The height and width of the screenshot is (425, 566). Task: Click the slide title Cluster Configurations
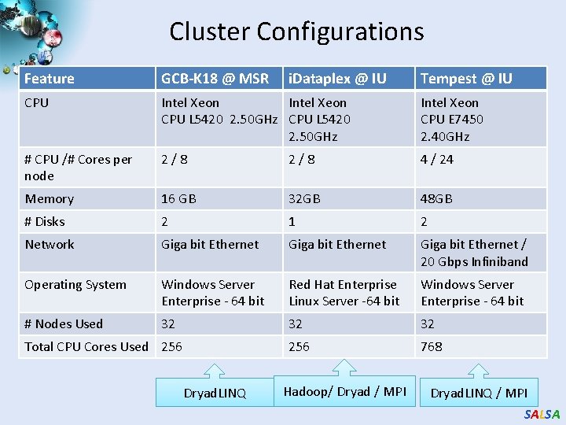click(296, 31)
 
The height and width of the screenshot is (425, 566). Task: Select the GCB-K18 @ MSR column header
click(215, 79)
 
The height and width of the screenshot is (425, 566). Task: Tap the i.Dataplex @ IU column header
click(337, 79)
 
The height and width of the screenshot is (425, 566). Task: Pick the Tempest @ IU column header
click(466, 79)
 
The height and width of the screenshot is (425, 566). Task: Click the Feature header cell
click(50, 79)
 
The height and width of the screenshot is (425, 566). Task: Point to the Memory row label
click(50, 199)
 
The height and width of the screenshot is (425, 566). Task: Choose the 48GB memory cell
click(437, 199)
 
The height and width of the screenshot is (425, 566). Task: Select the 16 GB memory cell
click(178, 199)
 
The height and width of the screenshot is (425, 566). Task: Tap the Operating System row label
click(75, 285)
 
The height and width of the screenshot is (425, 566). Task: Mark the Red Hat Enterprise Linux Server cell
click(344, 293)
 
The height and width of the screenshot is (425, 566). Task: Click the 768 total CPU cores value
click(432, 346)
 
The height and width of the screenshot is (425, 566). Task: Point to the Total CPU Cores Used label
click(86, 346)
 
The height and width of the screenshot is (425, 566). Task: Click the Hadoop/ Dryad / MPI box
click(344, 392)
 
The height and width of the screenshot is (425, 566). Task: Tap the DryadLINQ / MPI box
click(479, 393)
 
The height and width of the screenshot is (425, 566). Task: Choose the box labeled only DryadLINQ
click(215, 393)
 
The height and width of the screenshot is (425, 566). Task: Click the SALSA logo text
click(542, 415)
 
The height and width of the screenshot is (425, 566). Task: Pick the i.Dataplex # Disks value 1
click(292, 222)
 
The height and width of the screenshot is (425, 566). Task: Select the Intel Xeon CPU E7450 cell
click(452, 120)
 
